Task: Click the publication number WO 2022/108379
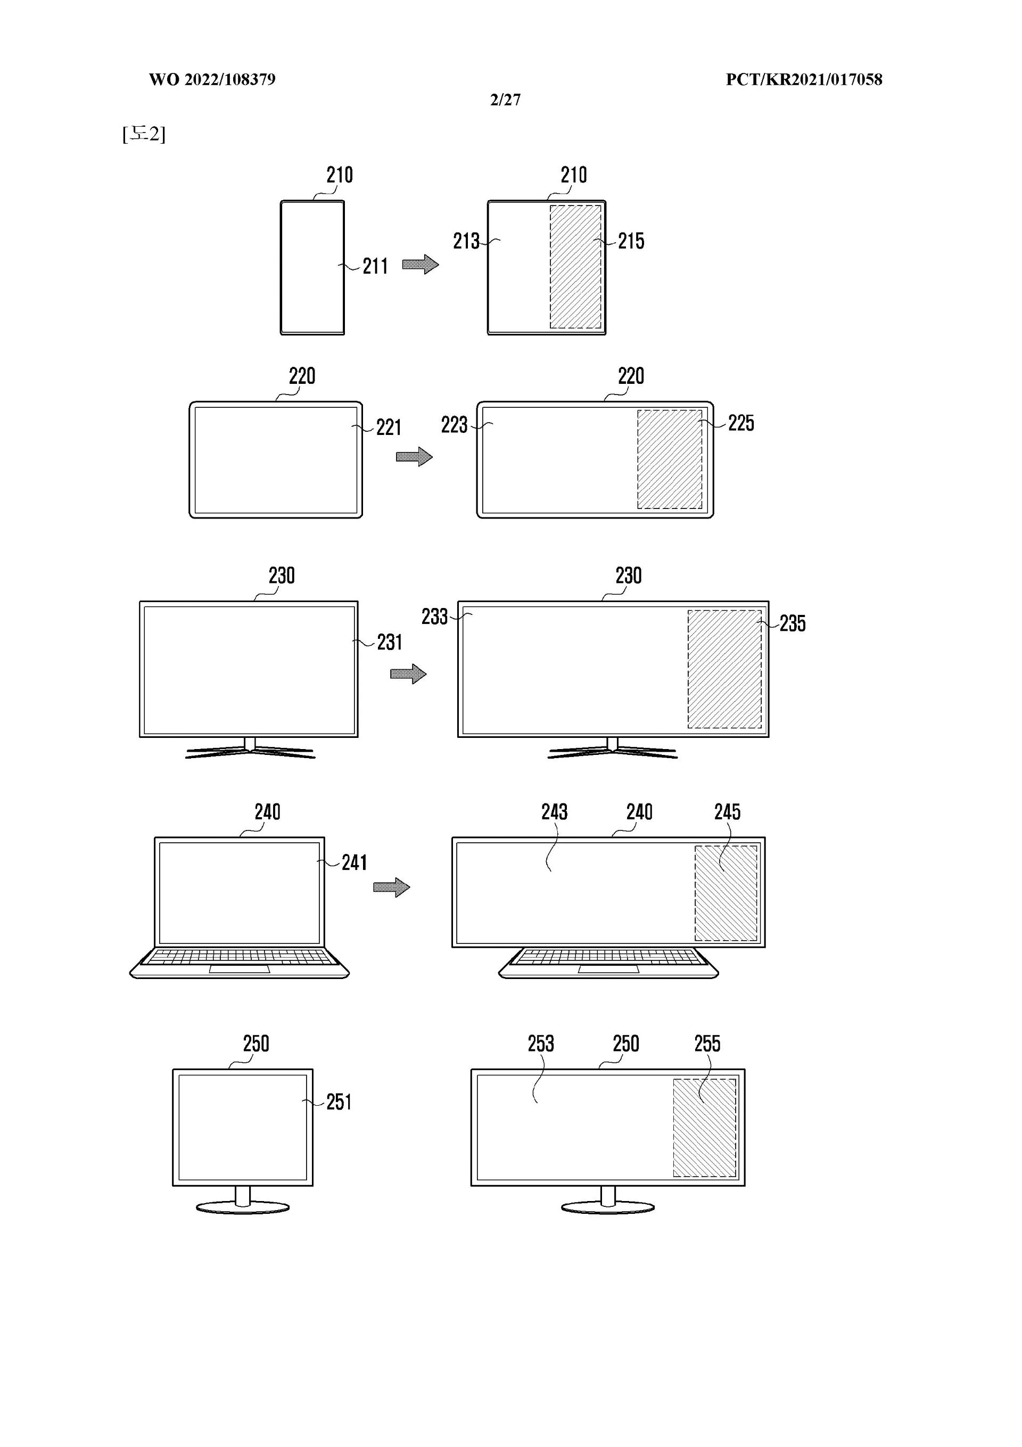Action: [x=212, y=79]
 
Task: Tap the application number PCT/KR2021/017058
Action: [x=804, y=79]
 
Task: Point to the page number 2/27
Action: [x=505, y=100]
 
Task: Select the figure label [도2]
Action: [x=144, y=134]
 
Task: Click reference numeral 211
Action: [x=375, y=267]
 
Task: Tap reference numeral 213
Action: [x=466, y=241]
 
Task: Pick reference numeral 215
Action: [x=631, y=241]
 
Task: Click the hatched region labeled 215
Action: [x=575, y=267]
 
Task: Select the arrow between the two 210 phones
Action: [x=421, y=264]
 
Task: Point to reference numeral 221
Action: [x=389, y=428]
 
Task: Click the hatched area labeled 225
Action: [x=669, y=459]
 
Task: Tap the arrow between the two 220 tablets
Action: [x=414, y=456]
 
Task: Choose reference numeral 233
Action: [x=435, y=617]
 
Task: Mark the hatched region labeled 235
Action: [x=724, y=669]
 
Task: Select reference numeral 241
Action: [x=354, y=862]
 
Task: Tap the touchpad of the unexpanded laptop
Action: [x=240, y=968]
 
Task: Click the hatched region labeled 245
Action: [x=726, y=893]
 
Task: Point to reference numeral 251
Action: [x=339, y=1101]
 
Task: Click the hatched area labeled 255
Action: [x=704, y=1128]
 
